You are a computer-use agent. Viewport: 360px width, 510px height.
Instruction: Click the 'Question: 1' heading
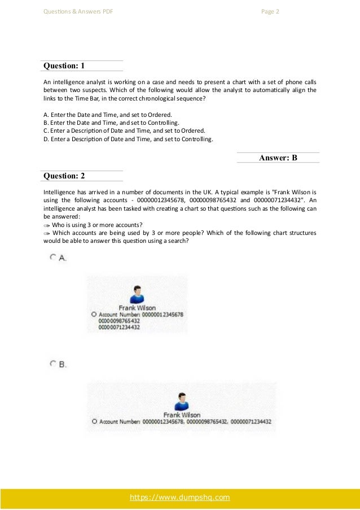pyautogui.click(x=64, y=66)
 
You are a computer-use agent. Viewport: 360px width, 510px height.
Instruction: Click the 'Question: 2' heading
pyautogui.click(x=64, y=176)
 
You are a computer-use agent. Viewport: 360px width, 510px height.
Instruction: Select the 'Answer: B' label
pyautogui.click(x=278, y=158)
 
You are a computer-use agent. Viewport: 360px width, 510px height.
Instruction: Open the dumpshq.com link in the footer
pyautogui.click(x=180, y=498)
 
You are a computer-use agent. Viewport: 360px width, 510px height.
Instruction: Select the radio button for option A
pyautogui.click(x=53, y=257)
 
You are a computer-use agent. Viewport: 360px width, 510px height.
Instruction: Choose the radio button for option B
pyautogui.click(x=53, y=364)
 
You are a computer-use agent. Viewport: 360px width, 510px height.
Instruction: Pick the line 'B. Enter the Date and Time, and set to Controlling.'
pyautogui.click(x=112, y=122)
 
